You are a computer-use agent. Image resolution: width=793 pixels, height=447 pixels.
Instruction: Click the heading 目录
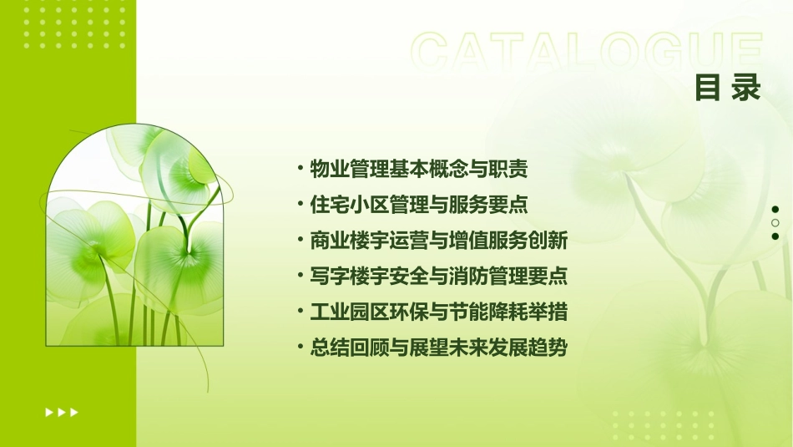coord(727,88)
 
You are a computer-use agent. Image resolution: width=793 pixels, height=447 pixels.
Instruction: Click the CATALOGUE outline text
coord(587,53)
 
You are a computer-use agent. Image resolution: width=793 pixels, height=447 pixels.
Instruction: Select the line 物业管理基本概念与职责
coord(419,169)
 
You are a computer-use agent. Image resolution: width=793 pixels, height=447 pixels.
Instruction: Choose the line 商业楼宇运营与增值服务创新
coord(439,241)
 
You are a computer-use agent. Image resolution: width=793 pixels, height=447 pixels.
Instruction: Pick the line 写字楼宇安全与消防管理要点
coord(439,276)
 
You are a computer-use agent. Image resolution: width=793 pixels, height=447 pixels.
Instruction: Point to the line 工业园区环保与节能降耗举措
coord(439,312)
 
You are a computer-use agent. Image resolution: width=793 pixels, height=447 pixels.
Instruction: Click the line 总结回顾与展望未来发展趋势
coord(439,348)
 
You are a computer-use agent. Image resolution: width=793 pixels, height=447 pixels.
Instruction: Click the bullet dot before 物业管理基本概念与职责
coord(301,168)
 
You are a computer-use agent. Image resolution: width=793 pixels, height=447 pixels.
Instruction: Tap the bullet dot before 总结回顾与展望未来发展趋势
coord(301,347)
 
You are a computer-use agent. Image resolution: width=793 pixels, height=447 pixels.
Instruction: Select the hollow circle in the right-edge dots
coord(775,223)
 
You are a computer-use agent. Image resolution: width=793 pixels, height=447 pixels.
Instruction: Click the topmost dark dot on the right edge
coord(775,209)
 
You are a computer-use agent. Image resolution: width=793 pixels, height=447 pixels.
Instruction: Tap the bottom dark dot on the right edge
coord(775,236)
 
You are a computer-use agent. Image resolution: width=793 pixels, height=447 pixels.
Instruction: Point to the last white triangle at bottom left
coord(74,412)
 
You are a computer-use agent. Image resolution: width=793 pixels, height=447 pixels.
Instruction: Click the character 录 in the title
coord(747,88)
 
